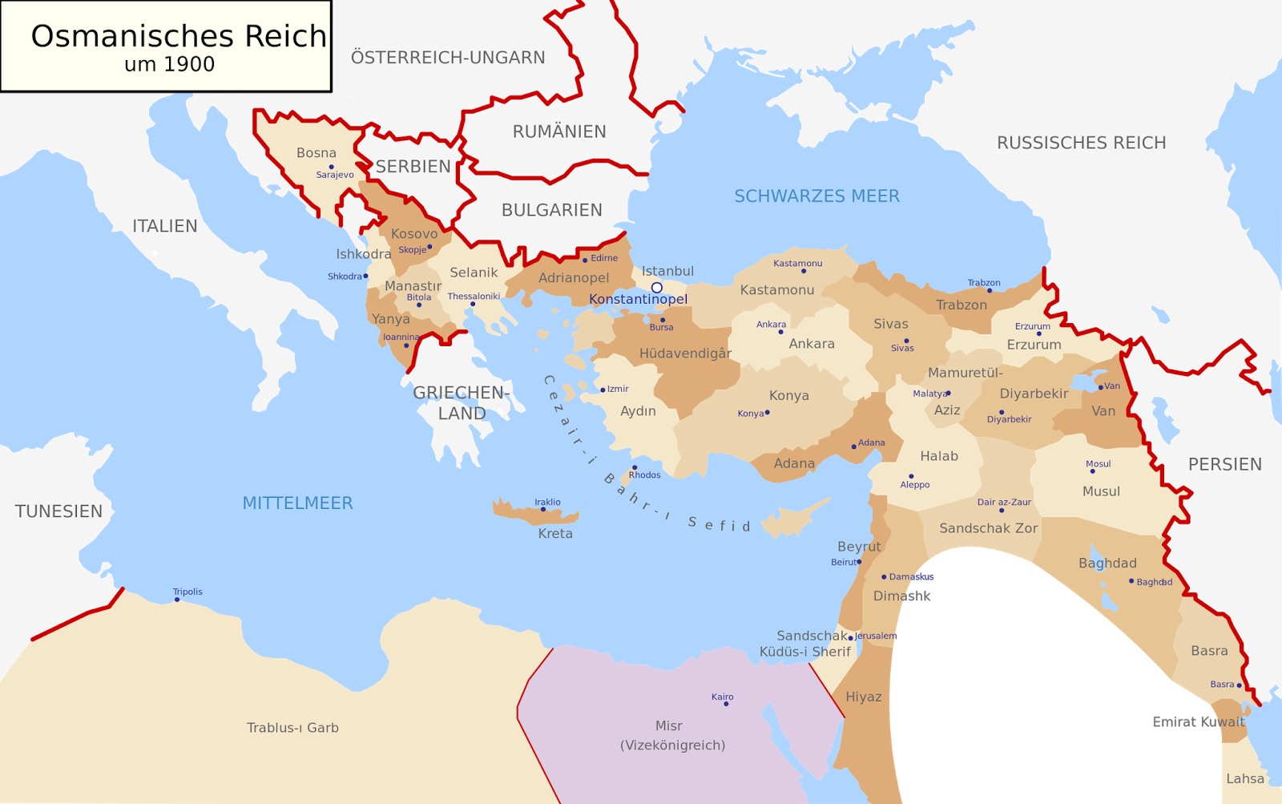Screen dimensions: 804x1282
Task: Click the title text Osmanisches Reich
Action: (x=179, y=37)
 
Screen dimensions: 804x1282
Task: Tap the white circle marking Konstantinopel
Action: (x=656, y=287)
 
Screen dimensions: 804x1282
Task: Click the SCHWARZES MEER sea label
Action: (x=816, y=196)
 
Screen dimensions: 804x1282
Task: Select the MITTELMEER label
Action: (x=297, y=503)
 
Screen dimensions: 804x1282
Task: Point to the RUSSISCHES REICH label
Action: (x=1081, y=143)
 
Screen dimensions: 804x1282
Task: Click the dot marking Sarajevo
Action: (x=331, y=167)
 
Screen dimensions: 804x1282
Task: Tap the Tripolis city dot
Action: (x=177, y=600)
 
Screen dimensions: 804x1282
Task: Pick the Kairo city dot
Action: (x=726, y=704)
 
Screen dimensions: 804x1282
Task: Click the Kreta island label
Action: (x=555, y=534)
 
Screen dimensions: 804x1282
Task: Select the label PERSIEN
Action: (x=1224, y=465)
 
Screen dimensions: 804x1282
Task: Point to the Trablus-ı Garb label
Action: (x=292, y=728)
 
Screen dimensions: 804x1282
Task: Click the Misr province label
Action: (x=669, y=726)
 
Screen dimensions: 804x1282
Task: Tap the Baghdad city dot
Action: (x=1131, y=581)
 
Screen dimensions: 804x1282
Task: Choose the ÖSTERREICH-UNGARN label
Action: (x=448, y=58)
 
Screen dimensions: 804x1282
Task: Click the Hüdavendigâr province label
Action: (x=685, y=354)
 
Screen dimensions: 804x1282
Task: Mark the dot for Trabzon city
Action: (x=990, y=290)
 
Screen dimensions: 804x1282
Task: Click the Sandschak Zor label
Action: (x=988, y=529)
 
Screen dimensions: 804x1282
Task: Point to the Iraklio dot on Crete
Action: (x=543, y=509)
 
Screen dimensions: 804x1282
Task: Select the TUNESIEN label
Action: (x=58, y=511)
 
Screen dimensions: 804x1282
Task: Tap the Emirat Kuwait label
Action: (x=1198, y=722)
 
